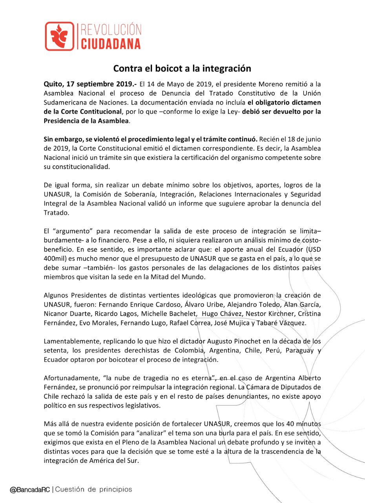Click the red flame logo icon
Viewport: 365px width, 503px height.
pyautogui.click(x=59, y=36)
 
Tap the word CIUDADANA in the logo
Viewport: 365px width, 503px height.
pyautogui.click(x=111, y=43)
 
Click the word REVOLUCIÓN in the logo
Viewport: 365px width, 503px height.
pyautogui.click(x=111, y=30)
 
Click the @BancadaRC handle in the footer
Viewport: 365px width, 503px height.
pyautogui.click(x=30, y=490)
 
